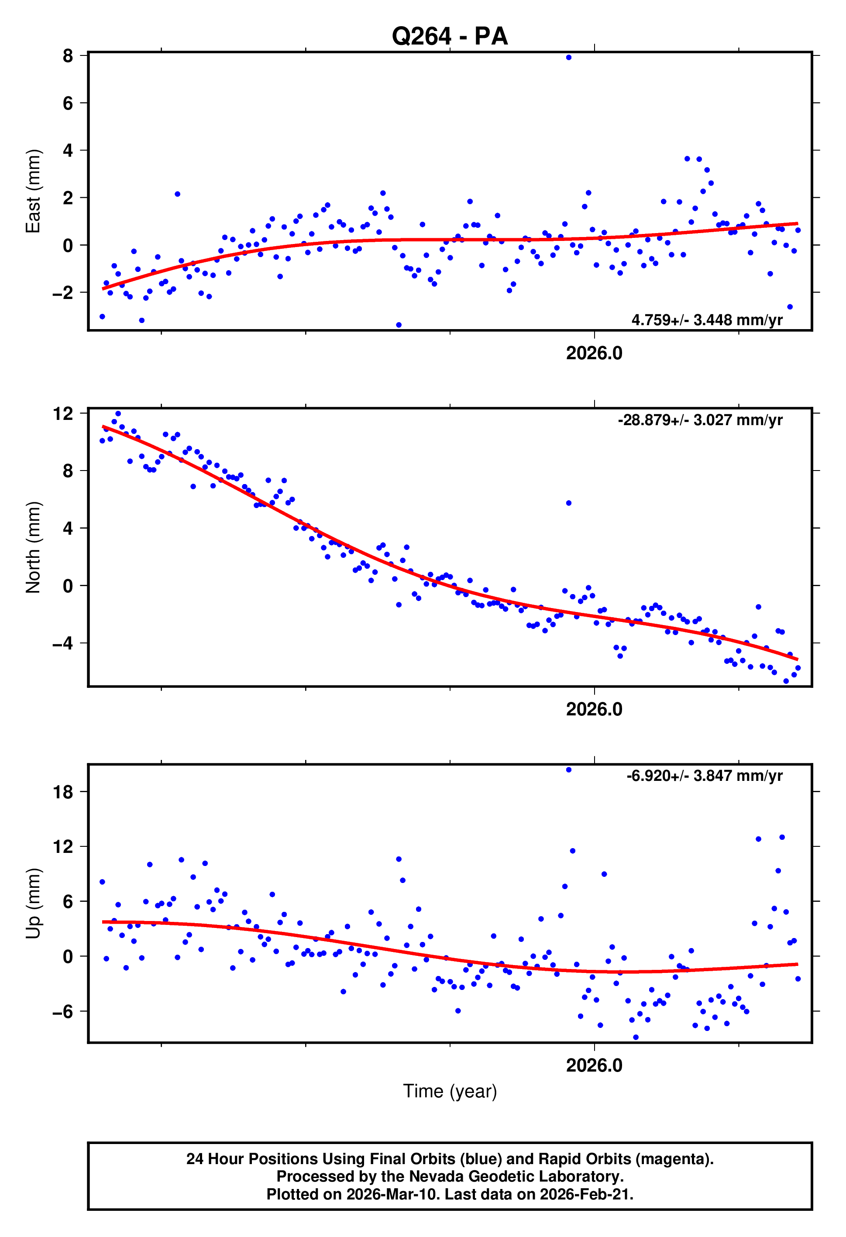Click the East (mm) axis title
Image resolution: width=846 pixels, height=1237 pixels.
tap(33, 191)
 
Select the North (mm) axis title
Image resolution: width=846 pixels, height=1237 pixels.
tap(33, 547)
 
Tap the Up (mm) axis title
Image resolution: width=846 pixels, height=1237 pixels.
tap(33, 903)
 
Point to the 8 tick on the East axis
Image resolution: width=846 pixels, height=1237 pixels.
tap(68, 55)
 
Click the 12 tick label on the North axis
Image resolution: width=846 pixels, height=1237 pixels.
tap(63, 413)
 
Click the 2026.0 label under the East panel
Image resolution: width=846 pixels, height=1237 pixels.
tap(594, 354)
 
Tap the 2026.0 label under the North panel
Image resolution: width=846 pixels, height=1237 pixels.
tap(594, 710)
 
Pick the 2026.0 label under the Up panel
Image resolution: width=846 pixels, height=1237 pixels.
tap(594, 1065)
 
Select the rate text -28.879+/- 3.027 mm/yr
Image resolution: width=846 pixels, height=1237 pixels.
tap(700, 420)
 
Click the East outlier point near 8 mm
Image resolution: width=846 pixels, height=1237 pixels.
tap(569, 58)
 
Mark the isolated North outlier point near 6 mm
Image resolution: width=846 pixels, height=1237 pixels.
tap(569, 503)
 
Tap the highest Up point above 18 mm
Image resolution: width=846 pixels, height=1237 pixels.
tap(569, 770)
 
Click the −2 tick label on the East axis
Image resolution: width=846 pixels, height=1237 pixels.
tap(62, 293)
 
